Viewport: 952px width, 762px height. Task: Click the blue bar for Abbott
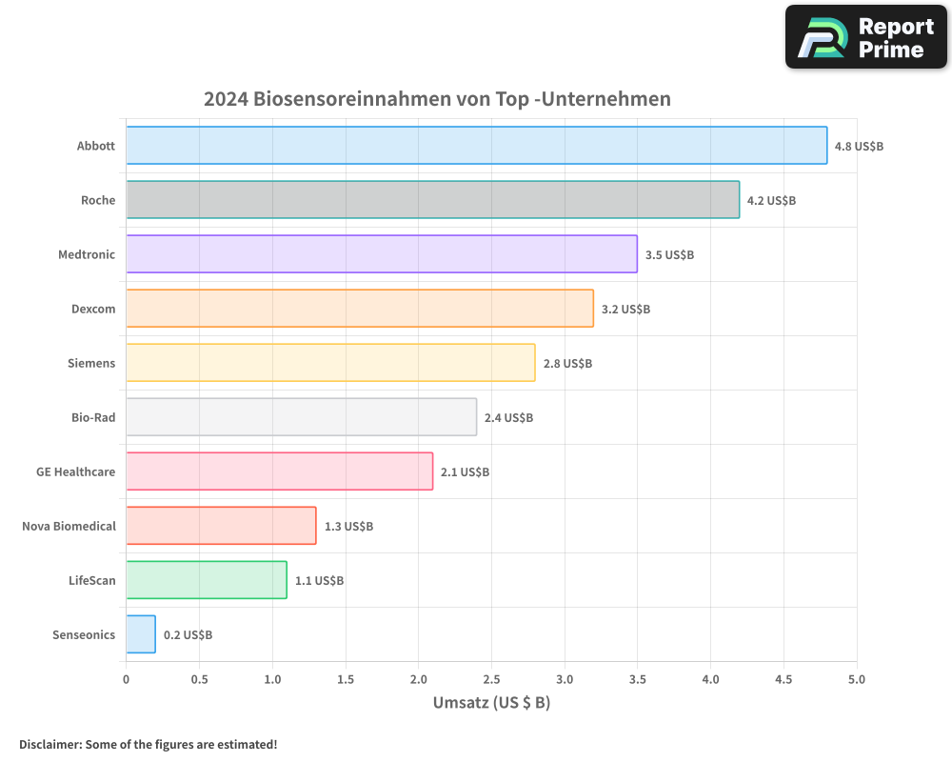(x=476, y=146)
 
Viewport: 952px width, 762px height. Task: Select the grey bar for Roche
(x=433, y=200)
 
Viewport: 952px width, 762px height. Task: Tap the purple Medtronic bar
(x=381, y=254)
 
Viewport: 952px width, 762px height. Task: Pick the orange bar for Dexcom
(x=360, y=309)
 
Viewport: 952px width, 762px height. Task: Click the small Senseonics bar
(x=141, y=634)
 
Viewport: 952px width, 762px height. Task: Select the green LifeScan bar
(x=207, y=580)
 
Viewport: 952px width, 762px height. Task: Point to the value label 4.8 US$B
(x=859, y=147)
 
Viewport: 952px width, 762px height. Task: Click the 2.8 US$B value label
(x=567, y=364)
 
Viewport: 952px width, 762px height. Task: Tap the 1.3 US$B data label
(x=348, y=527)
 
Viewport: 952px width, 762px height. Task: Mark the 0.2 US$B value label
(x=188, y=635)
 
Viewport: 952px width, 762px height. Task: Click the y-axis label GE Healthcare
(x=75, y=471)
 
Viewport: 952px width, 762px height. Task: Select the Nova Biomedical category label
(x=69, y=526)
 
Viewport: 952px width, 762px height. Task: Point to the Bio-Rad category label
(x=93, y=417)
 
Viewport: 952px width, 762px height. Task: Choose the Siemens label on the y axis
(x=91, y=363)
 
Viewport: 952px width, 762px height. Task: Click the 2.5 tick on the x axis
(x=491, y=680)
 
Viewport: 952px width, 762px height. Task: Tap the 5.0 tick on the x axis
(x=857, y=680)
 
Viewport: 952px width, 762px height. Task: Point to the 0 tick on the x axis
(x=127, y=680)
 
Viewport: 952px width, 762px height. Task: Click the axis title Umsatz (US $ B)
(x=491, y=704)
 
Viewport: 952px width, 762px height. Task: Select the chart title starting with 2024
(x=437, y=99)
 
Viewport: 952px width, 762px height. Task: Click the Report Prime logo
(x=865, y=37)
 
